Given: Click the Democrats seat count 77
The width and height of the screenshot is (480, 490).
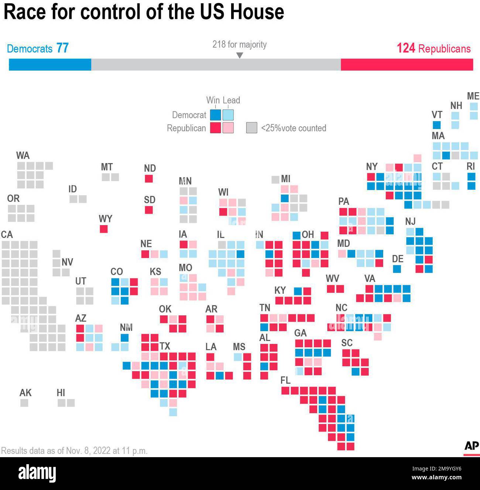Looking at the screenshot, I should [x=62, y=48].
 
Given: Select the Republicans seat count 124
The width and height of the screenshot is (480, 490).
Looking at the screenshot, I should [x=406, y=48].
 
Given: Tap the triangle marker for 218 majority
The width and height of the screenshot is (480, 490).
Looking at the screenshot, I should [x=240, y=55].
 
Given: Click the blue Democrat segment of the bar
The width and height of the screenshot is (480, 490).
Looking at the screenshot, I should [x=50, y=65].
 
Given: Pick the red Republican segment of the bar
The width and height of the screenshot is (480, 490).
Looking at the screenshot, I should [x=407, y=65].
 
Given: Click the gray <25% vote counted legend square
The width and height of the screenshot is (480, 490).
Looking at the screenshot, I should [x=251, y=128].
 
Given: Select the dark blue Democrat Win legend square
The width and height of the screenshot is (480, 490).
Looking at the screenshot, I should [x=215, y=115].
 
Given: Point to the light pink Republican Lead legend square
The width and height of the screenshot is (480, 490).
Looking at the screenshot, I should [x=228, y=128].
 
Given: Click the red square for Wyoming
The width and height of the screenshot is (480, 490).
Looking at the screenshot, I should [x=104, y=229].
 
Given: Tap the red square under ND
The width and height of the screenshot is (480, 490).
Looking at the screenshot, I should [x=149, y=179].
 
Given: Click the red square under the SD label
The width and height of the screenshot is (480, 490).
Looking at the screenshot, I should [x=149, y=210].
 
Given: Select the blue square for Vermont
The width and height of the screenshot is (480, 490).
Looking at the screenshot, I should [x=436, y=125].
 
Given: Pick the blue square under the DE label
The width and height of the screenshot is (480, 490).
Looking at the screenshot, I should [x=397, y=269].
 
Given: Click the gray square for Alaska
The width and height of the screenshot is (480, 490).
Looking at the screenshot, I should [x=24, y=403].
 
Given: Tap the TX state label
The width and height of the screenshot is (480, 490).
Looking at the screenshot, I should [x=165, y=346].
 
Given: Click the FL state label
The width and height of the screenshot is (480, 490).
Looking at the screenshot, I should [x=285, y=380].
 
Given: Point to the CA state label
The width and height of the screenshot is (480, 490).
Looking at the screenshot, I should [x=7, y=235].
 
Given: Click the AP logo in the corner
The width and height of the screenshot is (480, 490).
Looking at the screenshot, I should [x=472, y=446].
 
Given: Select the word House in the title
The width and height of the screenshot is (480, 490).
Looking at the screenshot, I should [x=257, y=12].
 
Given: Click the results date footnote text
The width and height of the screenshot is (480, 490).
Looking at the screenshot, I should [x=74, y=451].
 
